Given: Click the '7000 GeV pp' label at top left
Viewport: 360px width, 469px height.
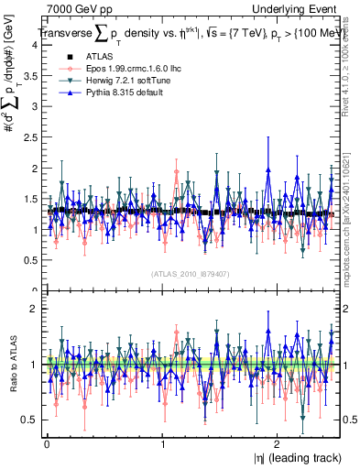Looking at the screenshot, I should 76,8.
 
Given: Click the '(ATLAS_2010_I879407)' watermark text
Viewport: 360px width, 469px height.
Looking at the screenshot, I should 190,273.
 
